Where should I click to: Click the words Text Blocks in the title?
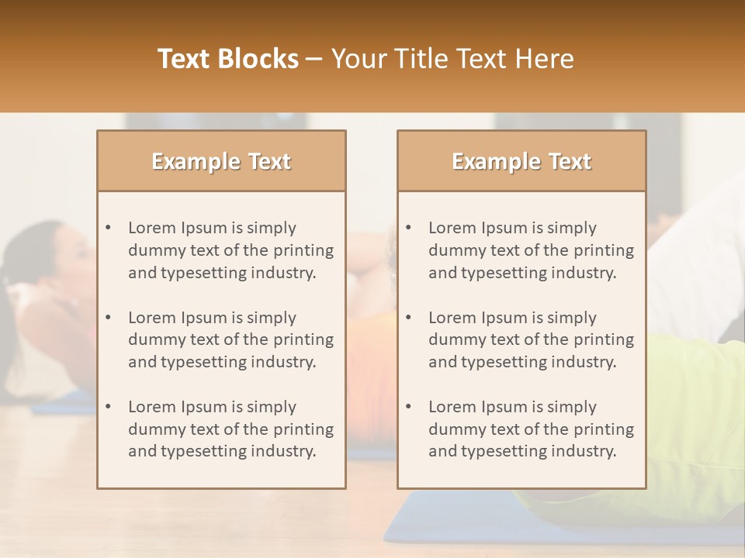pos(228,59)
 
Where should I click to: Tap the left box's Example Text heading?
pos(221,161)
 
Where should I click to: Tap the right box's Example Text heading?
pos(521,161)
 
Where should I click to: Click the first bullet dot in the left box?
pos(109,228)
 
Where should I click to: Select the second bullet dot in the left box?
pos(109,318)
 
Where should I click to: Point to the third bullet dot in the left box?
pos(109,407)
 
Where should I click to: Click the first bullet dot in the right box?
pos(409,228)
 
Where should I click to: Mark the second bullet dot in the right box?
pos(409,318)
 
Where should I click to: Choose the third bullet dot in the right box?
pos(409,407)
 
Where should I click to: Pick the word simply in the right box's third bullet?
pos(572,407)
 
